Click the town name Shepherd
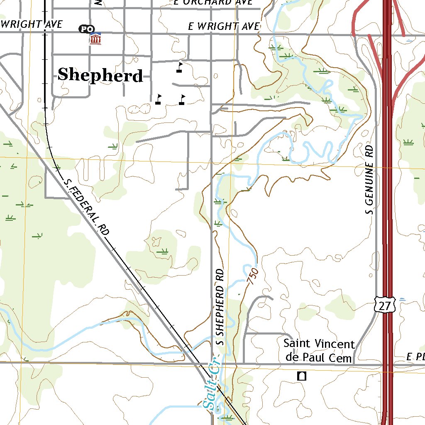(x=100, y=75)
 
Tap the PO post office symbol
(x=87, y=29)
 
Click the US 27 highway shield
(x=384, y=306)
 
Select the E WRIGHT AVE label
(x=224, y=27)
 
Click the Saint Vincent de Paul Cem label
(x=319, y=351)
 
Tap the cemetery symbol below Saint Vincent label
(x=302, y=376)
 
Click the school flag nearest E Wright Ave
(x=179, y=67)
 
